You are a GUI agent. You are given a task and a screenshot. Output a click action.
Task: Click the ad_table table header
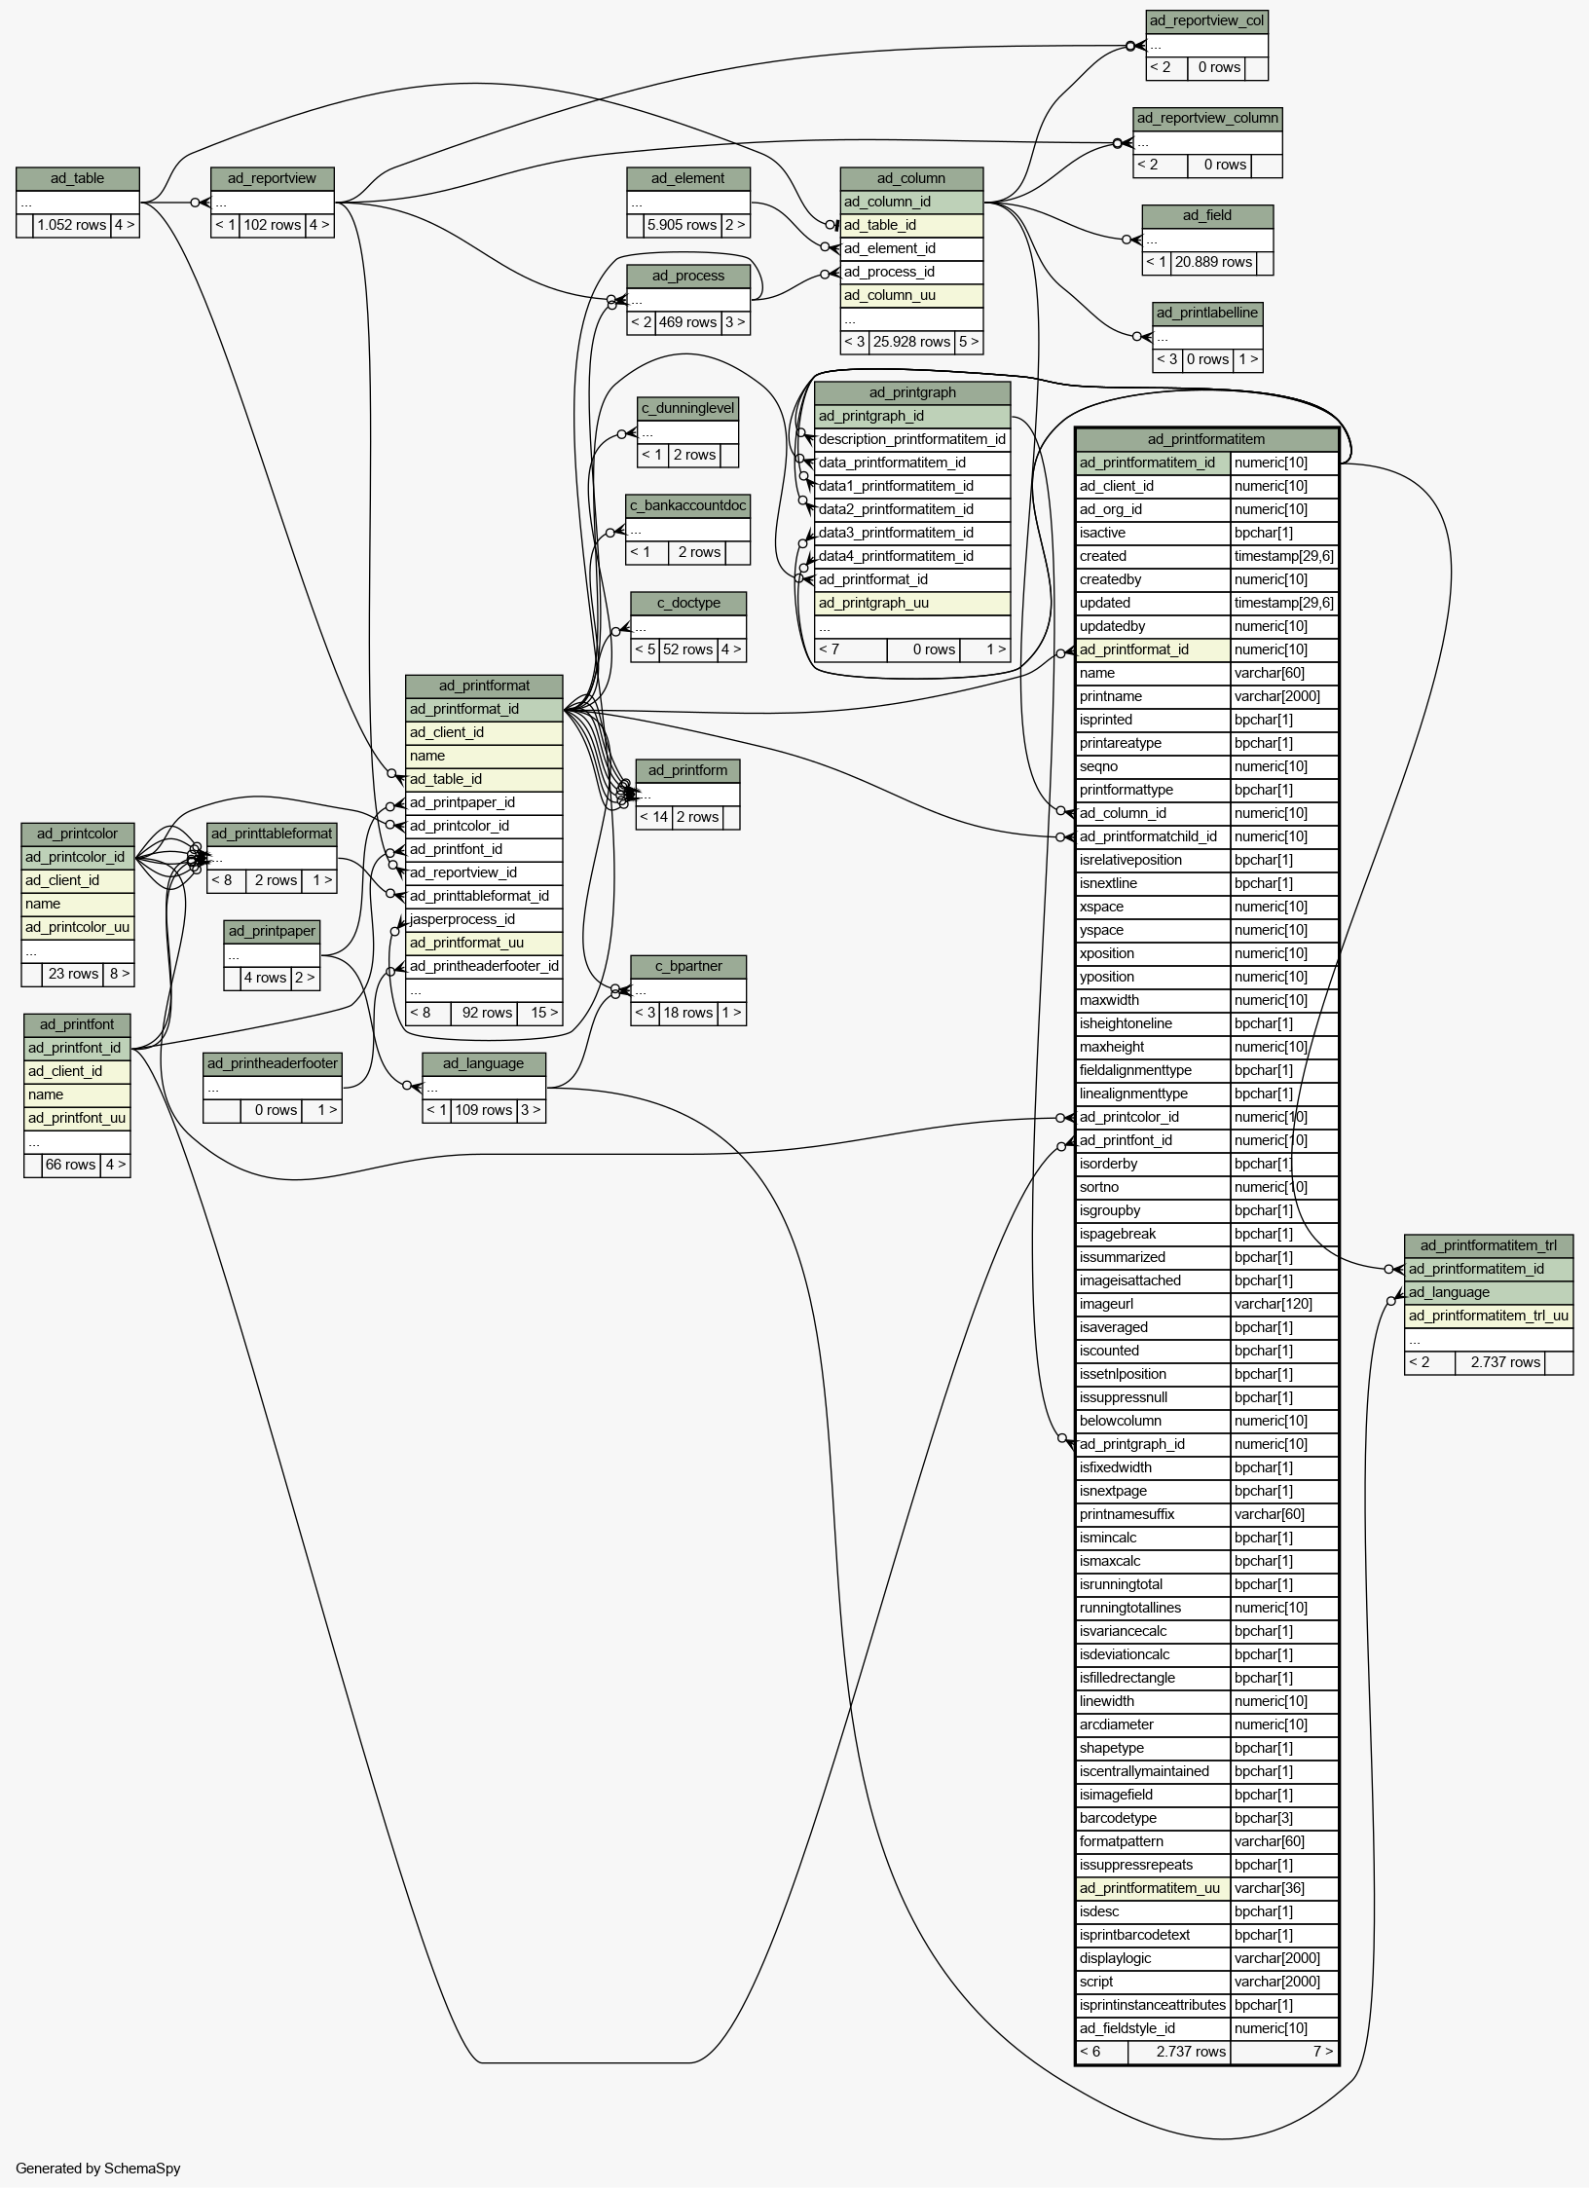78,178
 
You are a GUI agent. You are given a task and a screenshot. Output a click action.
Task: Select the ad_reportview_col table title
1206,20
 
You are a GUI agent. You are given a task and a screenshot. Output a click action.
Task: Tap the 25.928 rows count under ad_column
911,342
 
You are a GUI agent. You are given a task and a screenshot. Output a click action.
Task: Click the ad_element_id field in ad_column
890,248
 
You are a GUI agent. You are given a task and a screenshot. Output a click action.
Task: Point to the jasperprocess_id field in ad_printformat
462,919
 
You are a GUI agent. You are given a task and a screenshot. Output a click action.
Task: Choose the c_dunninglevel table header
688,408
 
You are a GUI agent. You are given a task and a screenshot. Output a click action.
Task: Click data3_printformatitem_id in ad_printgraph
896,533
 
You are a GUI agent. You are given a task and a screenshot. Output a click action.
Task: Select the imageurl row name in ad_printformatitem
1106,1304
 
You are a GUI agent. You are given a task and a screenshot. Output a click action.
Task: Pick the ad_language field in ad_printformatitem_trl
1449,1292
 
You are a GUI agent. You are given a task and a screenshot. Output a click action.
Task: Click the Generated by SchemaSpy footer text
98,2168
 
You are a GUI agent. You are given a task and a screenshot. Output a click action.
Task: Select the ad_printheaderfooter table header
273,1063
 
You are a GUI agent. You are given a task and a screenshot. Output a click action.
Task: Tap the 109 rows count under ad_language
484,1110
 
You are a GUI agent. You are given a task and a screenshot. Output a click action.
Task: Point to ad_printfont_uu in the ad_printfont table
77,1118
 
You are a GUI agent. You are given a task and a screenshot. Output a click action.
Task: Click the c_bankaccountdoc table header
688,505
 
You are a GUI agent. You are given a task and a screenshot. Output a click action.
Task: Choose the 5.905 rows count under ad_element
682,225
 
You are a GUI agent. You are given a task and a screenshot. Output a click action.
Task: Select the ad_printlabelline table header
1207,313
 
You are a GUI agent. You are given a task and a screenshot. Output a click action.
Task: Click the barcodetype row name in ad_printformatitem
1118,1818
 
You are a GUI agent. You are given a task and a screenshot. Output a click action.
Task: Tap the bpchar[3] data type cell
1264,1818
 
